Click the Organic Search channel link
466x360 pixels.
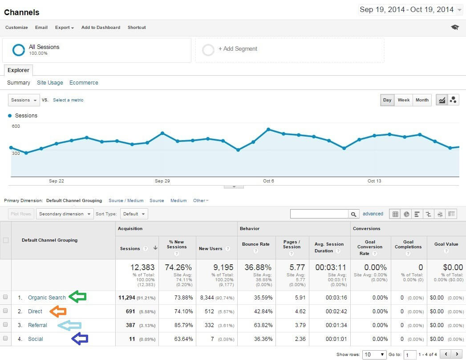point(47,298)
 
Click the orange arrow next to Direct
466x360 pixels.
point(58,311)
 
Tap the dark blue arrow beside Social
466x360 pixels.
point(80,339)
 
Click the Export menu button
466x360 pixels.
point(65,28)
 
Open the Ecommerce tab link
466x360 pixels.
point(84,83)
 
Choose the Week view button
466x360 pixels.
point(403,100)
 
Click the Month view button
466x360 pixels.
point(421,100)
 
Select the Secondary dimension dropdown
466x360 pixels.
point(65,214)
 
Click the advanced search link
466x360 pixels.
point(373,214)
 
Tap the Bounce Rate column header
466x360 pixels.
point(256,244)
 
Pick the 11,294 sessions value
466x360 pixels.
point(130,298)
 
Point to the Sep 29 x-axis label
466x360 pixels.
point(162,181)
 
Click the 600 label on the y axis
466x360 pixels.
point(16,126)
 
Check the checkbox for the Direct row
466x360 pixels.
point(5,311)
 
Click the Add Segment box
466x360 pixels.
point(289,49)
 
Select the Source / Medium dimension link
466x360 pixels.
point(126,201)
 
